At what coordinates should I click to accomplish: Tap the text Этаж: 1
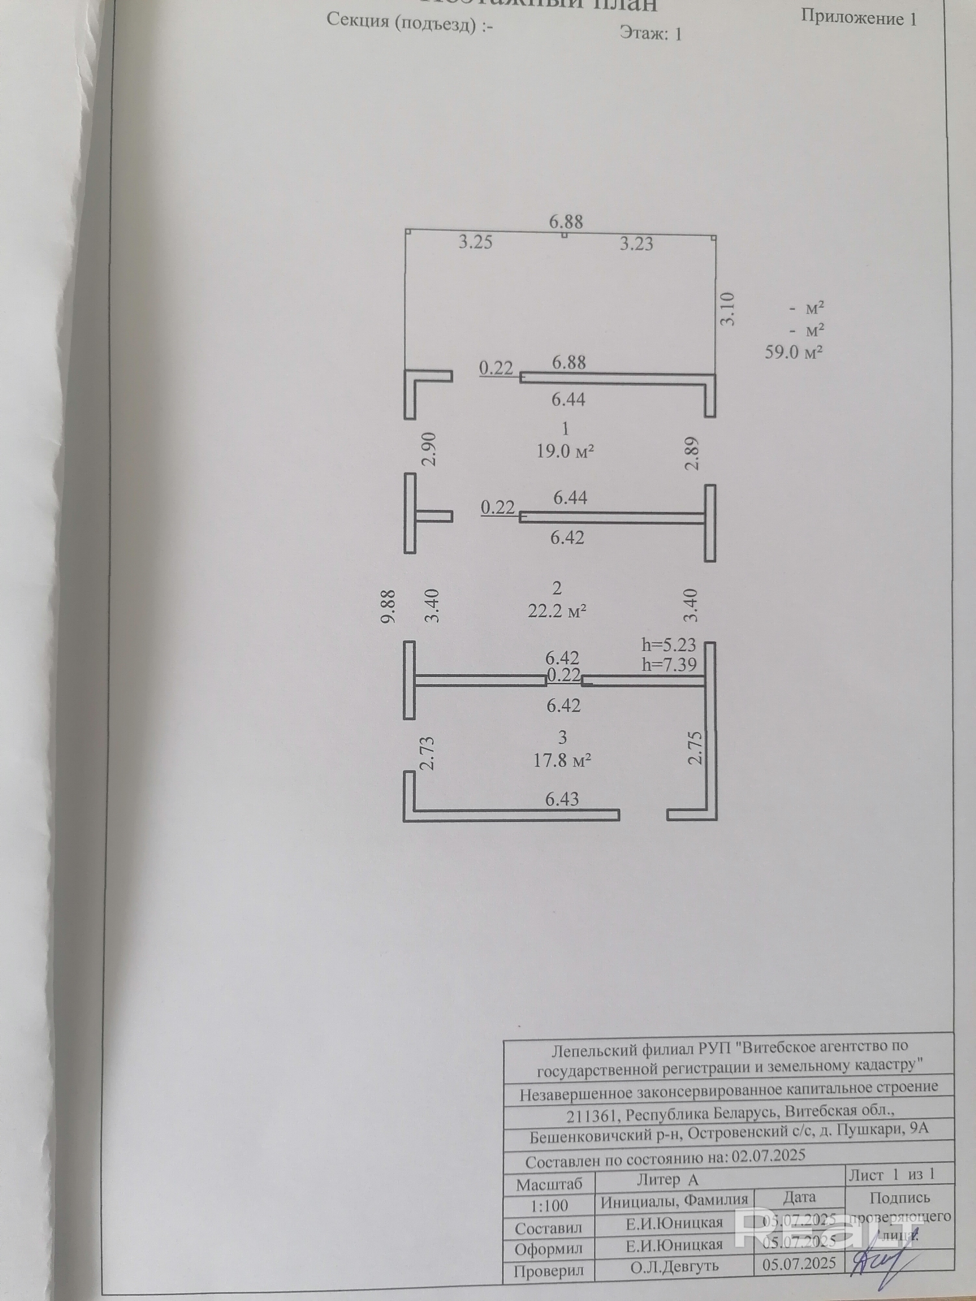coord(651,34)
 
